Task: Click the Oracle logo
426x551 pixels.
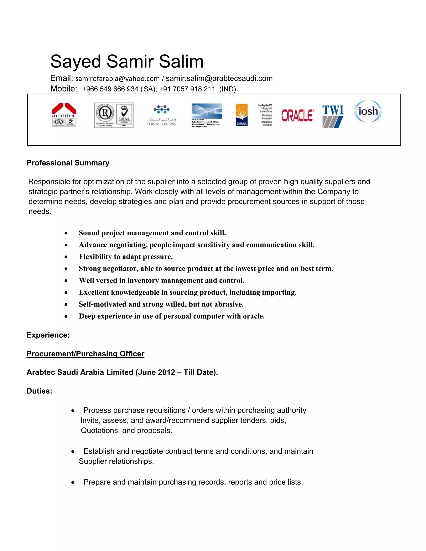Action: pyautogui.click(x=297, y=116)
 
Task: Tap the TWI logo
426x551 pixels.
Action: pyautogui.click(x=333, y=116)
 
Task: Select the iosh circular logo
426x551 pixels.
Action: pyautogui.click(x=368, y=111)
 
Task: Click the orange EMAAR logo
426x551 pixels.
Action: pyautogui.click(x=241, y=115)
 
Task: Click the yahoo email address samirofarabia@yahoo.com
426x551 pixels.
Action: pyautogui.click(x=117, y=79)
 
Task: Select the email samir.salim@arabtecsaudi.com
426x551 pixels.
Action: pyautogui.click(x=219, y=78)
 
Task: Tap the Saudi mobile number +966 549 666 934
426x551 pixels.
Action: pyautogui.click(x=110, y=89)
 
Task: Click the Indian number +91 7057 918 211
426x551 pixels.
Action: pyautogui.click(x=187, y=89)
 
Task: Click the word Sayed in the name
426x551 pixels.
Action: pyautogui.click(x=76, y=62)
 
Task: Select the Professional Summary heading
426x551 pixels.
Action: pyautogui.click(x=68, y=163)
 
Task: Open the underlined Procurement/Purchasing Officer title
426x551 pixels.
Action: pyautogui.click(x=85, y=354)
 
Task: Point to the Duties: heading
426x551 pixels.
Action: pyautogui.click(x=39, y=391)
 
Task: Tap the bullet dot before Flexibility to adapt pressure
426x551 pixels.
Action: pyautogui.click(x=66, y=257)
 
